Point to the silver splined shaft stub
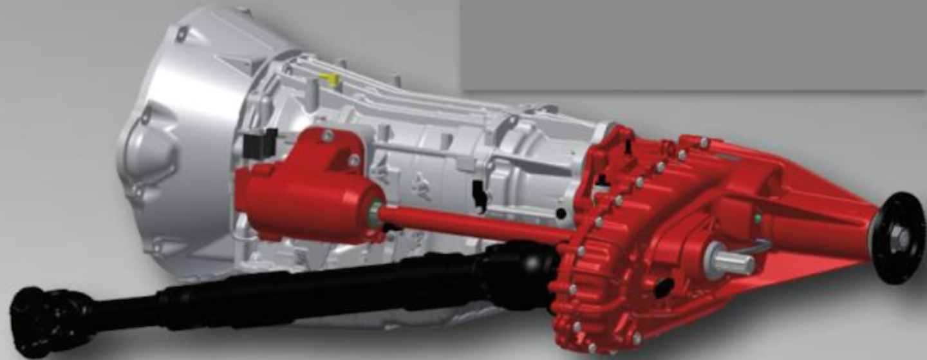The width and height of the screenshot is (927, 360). coord(734,261)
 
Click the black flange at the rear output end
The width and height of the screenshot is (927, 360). coord(899,238)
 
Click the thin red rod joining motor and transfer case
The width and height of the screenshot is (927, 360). coord(476,225)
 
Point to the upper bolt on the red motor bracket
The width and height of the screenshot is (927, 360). coord(328,136)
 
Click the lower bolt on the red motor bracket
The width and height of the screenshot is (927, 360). coord(353,160)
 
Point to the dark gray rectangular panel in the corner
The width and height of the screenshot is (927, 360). coord(695,42)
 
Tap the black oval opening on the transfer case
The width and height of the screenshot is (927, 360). coord(663,287)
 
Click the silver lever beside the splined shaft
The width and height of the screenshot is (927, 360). coord(760,245)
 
